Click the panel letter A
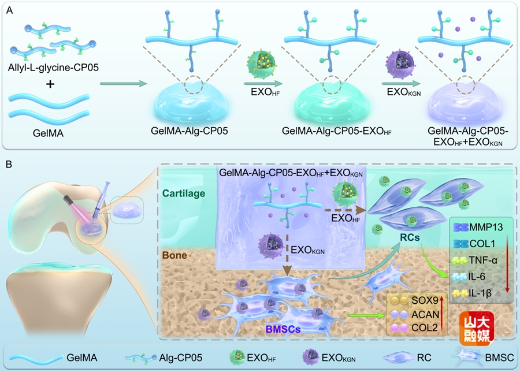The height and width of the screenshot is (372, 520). tap(9, 10)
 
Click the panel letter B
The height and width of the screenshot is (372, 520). tap(9, 165)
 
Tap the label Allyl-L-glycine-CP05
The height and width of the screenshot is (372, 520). tap(50, 68)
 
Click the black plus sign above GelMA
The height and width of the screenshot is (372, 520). tap(50, 84)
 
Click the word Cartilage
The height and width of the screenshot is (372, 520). tap(184, 194)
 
